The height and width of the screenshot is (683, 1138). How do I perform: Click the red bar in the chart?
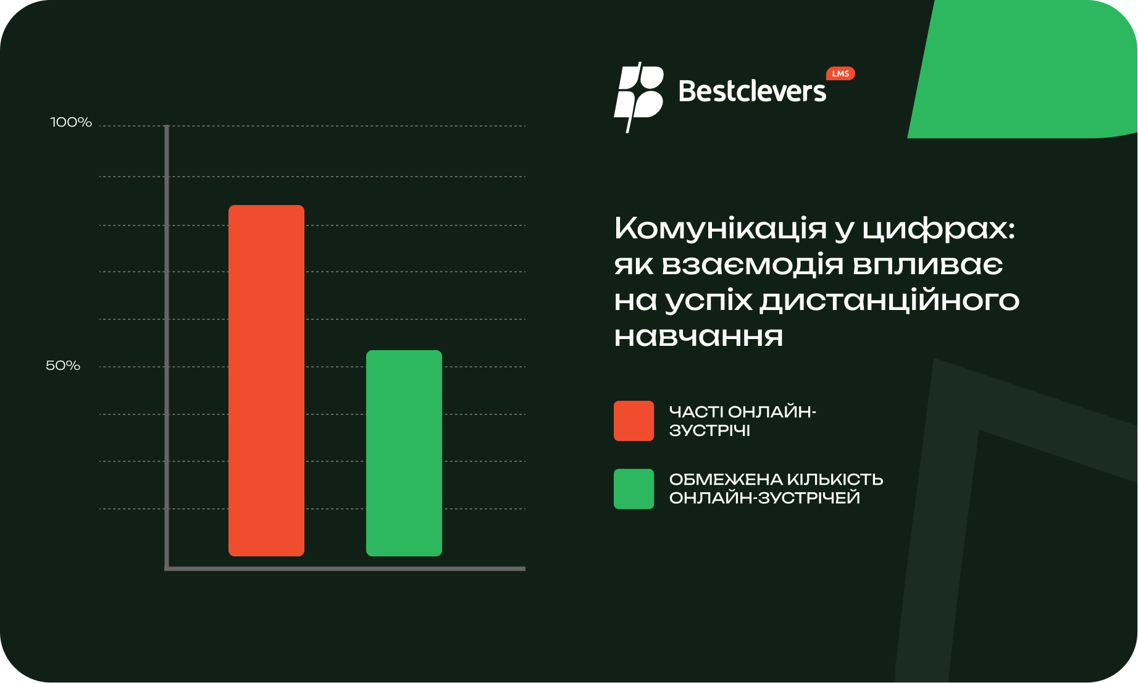point(266,380)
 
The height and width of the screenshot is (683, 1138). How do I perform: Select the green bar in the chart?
point(404,453)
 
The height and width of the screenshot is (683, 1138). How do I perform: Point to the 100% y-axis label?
point(71,122)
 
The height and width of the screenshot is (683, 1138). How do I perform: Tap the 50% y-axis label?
point(63,366)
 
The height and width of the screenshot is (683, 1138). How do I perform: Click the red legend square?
point(634,421)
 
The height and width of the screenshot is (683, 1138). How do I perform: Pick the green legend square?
point(634,488)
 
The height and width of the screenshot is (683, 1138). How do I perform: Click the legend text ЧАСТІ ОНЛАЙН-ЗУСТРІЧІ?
point(742,421)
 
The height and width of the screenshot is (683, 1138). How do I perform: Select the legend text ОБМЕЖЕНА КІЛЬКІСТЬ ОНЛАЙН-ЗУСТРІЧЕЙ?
point(776,488)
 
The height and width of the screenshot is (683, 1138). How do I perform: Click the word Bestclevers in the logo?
point(752,91)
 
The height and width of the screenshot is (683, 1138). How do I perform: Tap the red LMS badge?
point(840,73)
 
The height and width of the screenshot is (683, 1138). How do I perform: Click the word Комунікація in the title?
point(721,228)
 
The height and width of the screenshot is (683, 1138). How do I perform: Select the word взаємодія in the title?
point(753,265)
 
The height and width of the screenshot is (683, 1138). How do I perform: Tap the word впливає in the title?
point(928,265)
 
